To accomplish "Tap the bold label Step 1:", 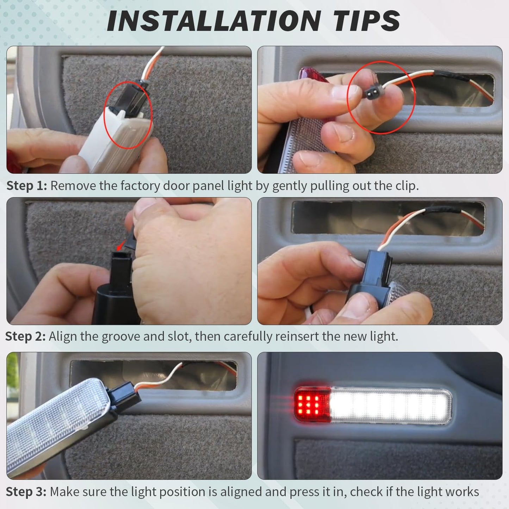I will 26,186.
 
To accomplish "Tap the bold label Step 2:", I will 25,336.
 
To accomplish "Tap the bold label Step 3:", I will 26,491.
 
